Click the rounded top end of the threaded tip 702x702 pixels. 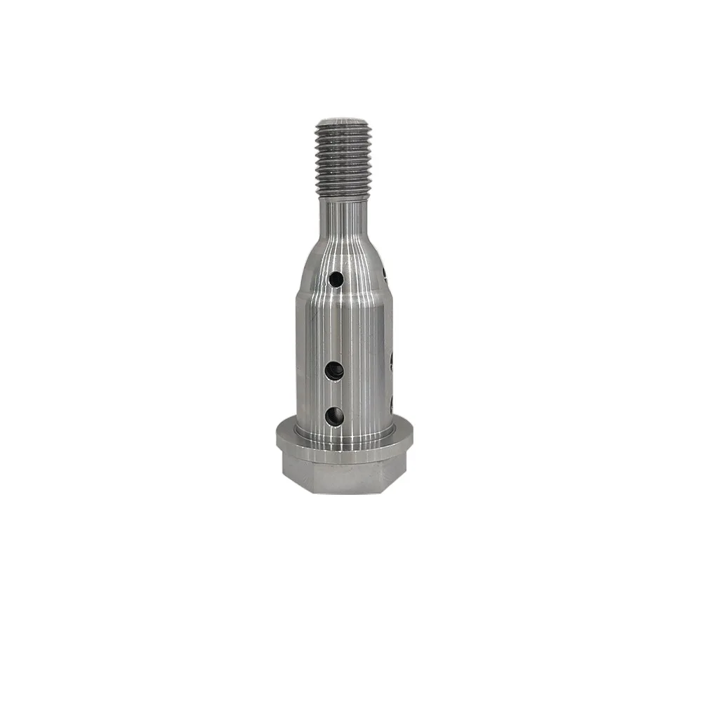point(342,121)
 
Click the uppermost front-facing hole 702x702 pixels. point(336,279)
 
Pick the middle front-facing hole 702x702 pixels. point(334,371)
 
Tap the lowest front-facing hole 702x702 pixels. point(335,416)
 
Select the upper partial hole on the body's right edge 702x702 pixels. point(390,361)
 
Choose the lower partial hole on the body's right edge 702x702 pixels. point(391,404)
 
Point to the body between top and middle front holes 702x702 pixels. point(336,325)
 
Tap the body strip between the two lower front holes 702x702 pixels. point(335,394)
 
